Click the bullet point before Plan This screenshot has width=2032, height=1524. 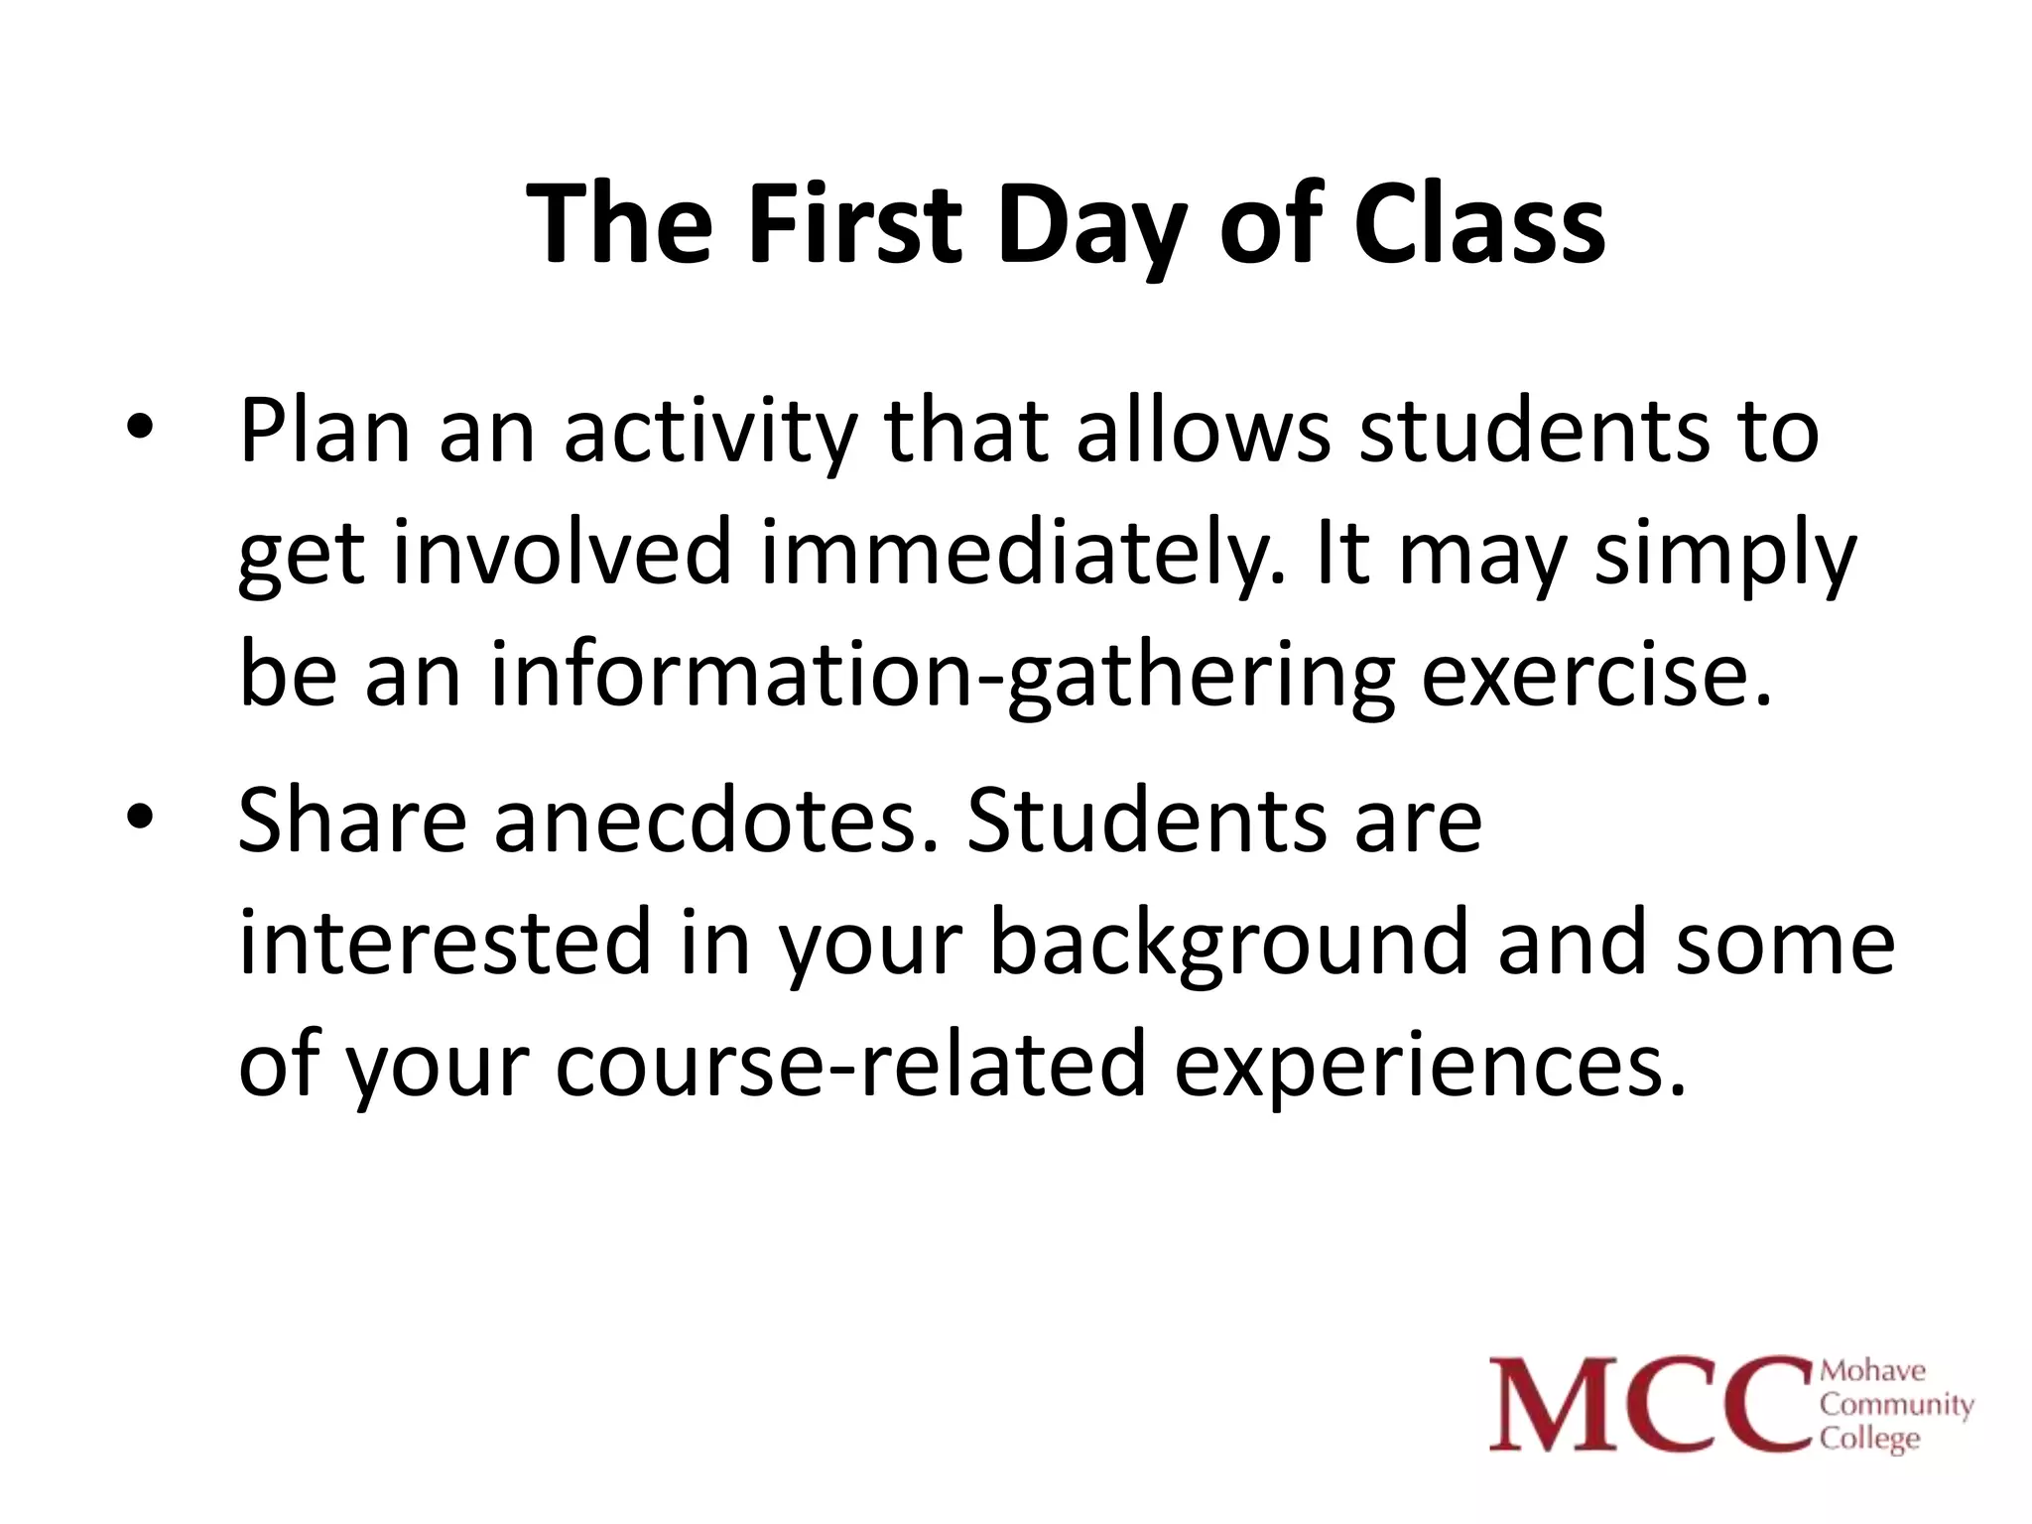[140, 428]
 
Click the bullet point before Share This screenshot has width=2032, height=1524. [140, 816]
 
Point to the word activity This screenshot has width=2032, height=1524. [709, 434]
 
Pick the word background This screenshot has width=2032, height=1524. [1228, 945]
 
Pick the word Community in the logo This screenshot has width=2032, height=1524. [1896, 1405]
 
